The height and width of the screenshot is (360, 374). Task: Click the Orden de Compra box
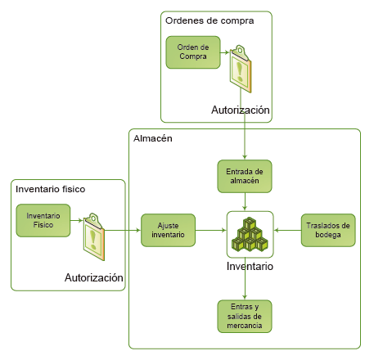coord(193,52)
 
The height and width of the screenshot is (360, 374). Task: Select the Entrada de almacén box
coord(245,177)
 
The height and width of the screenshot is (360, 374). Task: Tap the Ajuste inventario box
coord(168,231)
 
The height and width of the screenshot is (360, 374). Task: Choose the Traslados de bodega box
coord(328,231)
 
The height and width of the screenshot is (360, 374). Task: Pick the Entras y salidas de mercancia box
coord(245,317)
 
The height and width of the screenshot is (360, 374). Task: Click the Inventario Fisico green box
coord(43,220)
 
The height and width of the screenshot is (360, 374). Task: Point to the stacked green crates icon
coord(250,234)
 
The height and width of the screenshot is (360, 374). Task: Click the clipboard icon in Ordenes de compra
coord(241,69)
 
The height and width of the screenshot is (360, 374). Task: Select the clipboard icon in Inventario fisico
coord(94,236)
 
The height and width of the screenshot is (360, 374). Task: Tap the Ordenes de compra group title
coord(210,20)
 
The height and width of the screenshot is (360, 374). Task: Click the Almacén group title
coord(153,138)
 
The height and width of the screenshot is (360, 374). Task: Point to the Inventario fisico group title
coord(51,189)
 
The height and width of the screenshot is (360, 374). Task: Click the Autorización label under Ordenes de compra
coord(241,110)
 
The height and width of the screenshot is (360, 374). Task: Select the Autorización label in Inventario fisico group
coord(94,277)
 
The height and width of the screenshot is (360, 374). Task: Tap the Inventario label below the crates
coord(250,266)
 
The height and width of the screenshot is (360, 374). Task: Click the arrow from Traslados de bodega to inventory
coord(287,231)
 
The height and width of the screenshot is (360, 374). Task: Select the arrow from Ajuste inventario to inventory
coord(211,231)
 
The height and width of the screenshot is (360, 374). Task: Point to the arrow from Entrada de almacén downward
coord(245,201)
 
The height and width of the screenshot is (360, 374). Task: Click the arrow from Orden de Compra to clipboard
coord(225,52)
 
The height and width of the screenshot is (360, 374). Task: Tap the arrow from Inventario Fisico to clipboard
coord(77,220)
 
